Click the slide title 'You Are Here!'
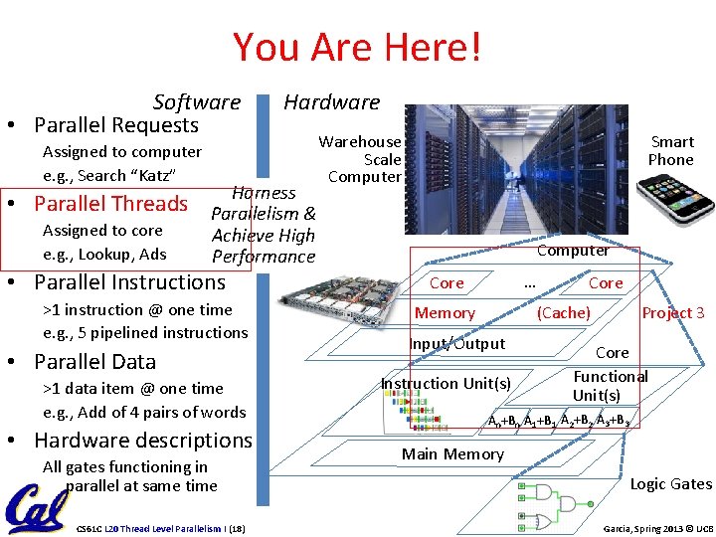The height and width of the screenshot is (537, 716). (x=357, y=47)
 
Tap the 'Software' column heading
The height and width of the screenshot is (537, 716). (x=197, y=101)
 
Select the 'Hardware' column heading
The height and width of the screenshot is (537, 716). (x=331, y=101)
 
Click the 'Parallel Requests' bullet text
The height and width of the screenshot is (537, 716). (x=116, y=125)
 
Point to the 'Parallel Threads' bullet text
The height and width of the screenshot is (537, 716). (x=110, y=204)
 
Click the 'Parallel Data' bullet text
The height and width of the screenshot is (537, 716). (x=94, y=361)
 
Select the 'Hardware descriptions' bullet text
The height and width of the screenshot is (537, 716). (x=143, y=440)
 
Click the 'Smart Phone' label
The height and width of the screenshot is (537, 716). (x=670, y=150)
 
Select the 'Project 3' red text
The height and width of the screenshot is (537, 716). (x=673, y=313)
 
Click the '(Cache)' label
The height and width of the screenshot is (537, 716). (x=564, y=313)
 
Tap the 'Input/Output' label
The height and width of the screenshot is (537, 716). (x=457, y=344)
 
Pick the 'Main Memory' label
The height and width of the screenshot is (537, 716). (x=452, y=454)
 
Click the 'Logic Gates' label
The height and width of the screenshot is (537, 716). (x=671, y=484)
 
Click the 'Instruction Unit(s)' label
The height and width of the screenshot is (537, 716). (x=447, y=384)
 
